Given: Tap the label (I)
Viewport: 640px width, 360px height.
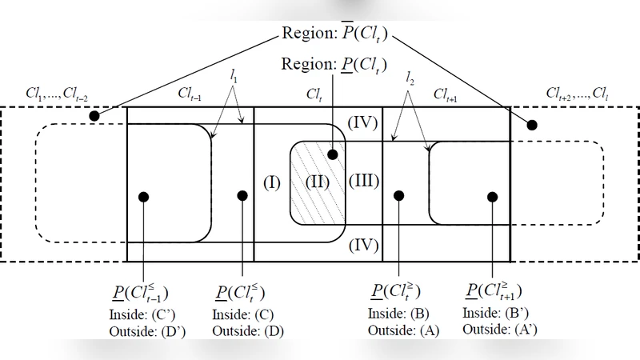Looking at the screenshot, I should [x=271, y=182].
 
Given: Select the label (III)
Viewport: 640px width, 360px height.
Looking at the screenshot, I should [x=364, y=180].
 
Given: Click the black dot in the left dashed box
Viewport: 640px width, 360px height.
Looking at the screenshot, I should [x=94, y=117].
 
